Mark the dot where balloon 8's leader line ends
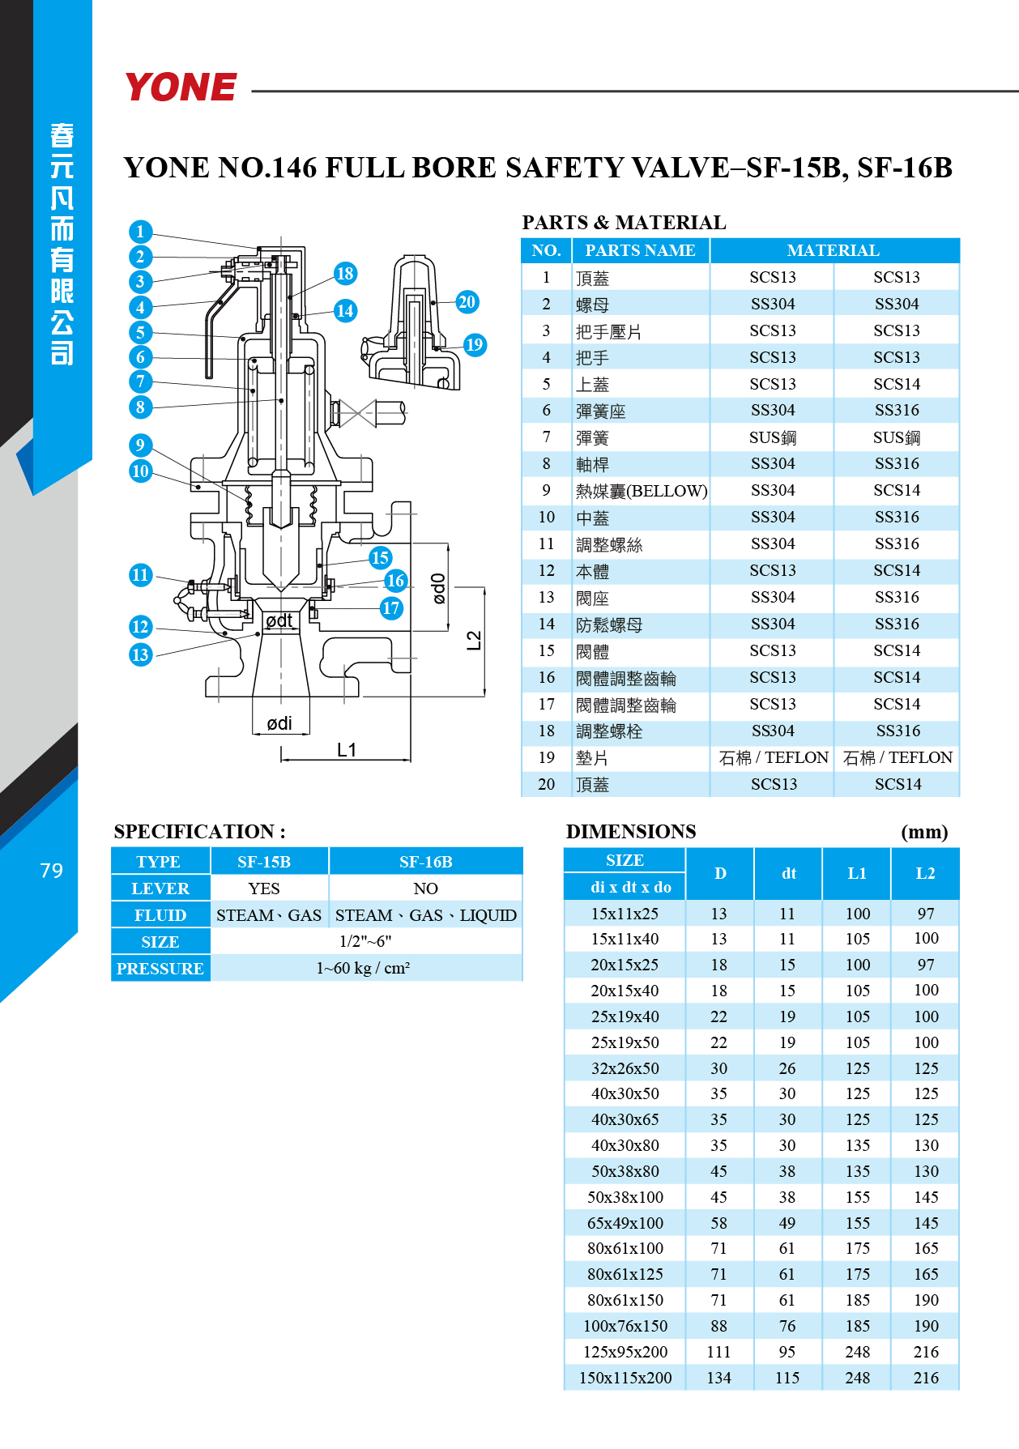(x=281, y=400)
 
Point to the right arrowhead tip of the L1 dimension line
(x=411, y=760)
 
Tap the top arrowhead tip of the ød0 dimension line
(x=447, y=544)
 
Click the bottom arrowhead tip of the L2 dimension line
(x=484, y=696)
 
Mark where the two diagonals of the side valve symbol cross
(x=356, y=413)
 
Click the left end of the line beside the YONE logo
(x=253, y=92)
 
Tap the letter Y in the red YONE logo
(x=141, y=87)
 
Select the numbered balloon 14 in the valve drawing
(x=345, y=311)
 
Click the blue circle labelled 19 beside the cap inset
(x=475, y=345)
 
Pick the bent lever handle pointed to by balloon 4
(x=214, y=333)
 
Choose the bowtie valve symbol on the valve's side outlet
(x=356, y=413)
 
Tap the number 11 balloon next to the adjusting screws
(x=140, y=575)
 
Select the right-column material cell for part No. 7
(x=897, y=437)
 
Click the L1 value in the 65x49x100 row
(x=857, y=1223)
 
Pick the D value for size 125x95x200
(x=718, y=1352)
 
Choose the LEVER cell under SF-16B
(x=426, y=889)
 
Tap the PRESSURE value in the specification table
(x=364, y=969)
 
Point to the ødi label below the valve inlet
(x=279, y=723)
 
